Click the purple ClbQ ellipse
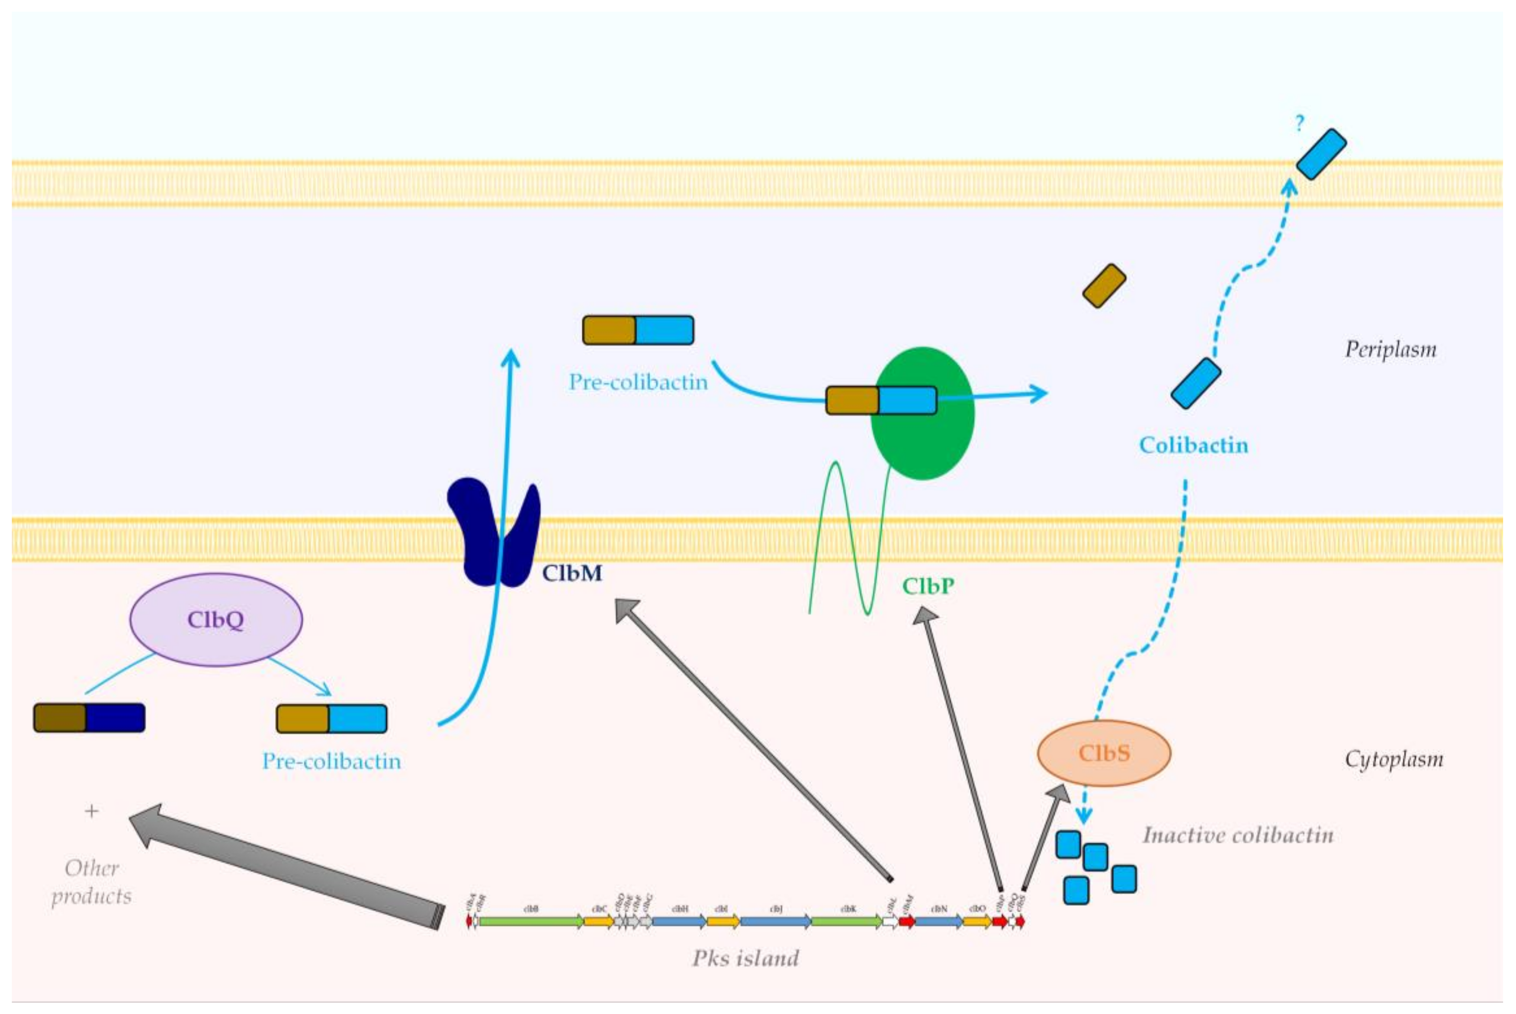tap(216, 619)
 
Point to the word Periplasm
tap(1391, 349)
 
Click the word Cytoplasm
tap(1394, 759)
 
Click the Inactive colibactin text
tap(1238, 835)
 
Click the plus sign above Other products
tap(92, 811)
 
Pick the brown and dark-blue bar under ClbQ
tap(89, 718)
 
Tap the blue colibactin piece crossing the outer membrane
tap(1321, 154)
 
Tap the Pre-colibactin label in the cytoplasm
tap(331, 761)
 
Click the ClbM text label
tap(572, 573)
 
